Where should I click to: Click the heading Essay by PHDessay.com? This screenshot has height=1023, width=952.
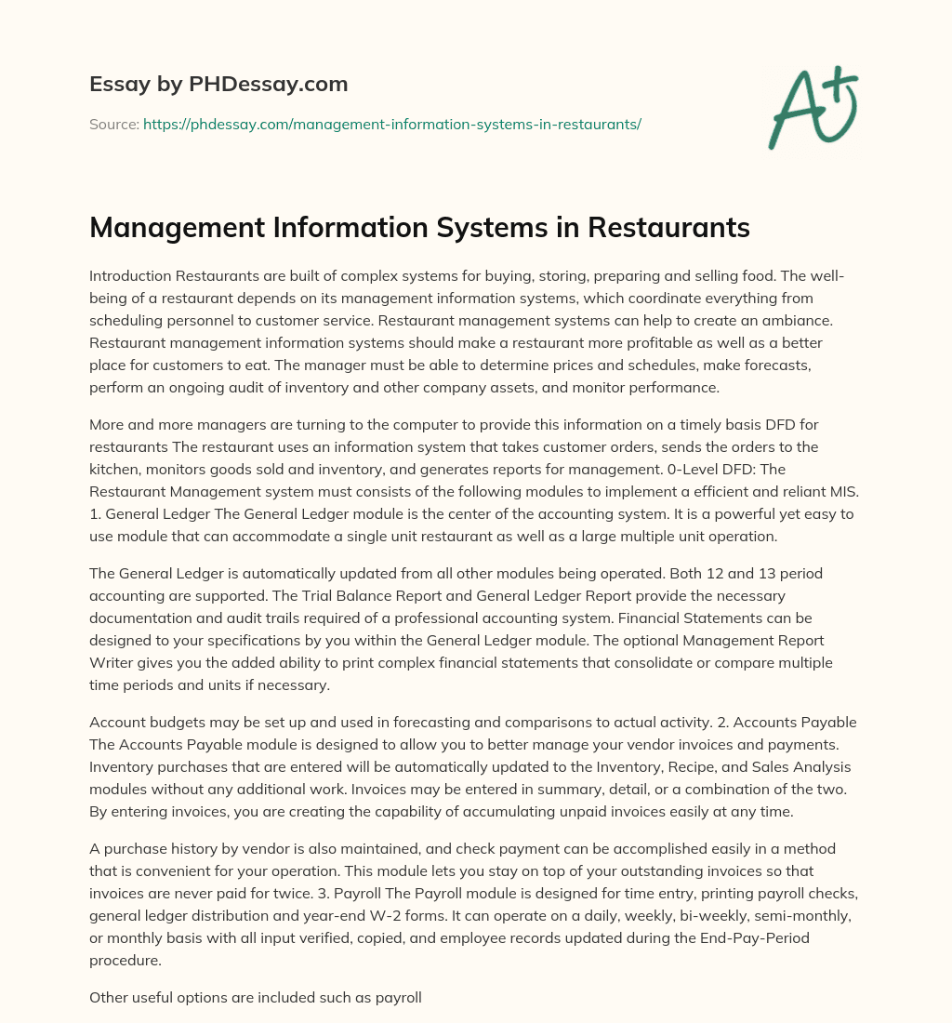point(218,85)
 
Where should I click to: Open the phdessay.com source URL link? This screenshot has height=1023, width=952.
point(392,124)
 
